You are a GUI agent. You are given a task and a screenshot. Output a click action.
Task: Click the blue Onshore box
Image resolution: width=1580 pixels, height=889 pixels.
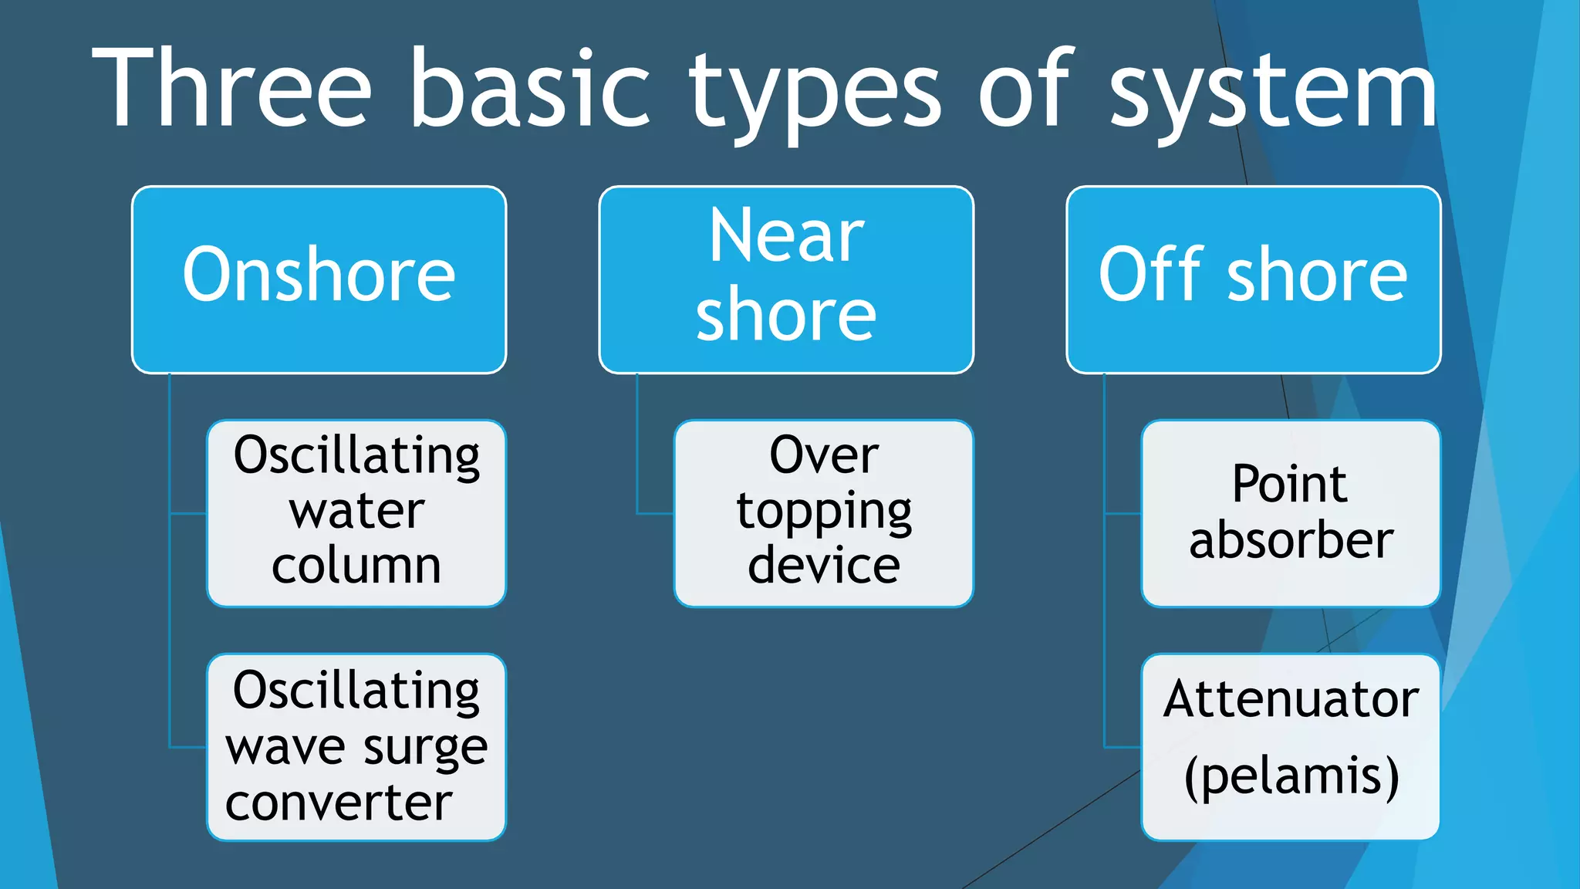pos(319,279)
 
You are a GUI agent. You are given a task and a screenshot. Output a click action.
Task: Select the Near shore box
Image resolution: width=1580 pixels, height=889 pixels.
pos(786,279)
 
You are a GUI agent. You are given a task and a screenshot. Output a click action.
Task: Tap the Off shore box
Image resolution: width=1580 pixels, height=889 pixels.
pos(1253,279)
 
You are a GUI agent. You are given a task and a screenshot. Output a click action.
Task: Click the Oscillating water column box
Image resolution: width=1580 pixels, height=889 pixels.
pos(356,513)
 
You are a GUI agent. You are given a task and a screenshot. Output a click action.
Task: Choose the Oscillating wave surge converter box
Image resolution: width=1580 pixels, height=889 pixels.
pos(356,747)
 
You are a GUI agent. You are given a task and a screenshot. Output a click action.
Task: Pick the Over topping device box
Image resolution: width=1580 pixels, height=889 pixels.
pos(823,513)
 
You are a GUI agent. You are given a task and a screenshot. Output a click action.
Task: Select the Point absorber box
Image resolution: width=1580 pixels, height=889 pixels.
pos(1291,513)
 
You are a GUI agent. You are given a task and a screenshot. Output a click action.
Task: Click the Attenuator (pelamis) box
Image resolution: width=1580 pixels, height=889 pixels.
pos(1291,747)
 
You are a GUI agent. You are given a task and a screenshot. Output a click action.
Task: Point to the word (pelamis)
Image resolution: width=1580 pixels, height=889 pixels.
pos(1291,776)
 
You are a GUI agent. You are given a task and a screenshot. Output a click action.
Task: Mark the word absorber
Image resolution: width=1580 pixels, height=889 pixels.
pos(1291,539)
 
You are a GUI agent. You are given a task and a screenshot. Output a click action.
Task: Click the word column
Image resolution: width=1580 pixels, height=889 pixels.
pos(356,566)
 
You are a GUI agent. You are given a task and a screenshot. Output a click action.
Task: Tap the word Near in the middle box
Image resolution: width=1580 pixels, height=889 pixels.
pos(786,236)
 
